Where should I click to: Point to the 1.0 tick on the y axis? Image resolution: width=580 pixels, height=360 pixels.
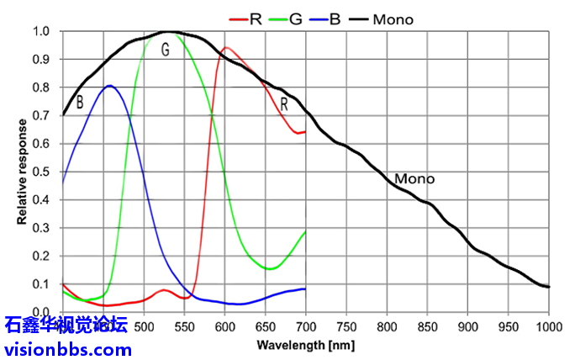41,32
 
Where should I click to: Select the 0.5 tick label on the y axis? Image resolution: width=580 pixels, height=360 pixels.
41,172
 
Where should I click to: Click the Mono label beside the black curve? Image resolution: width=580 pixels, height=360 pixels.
414,179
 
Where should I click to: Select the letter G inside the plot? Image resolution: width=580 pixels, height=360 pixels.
166,50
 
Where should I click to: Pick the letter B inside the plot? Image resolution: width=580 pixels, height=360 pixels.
80,103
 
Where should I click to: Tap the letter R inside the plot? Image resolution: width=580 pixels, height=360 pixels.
284,104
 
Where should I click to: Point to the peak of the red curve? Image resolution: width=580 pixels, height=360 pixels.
225,48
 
